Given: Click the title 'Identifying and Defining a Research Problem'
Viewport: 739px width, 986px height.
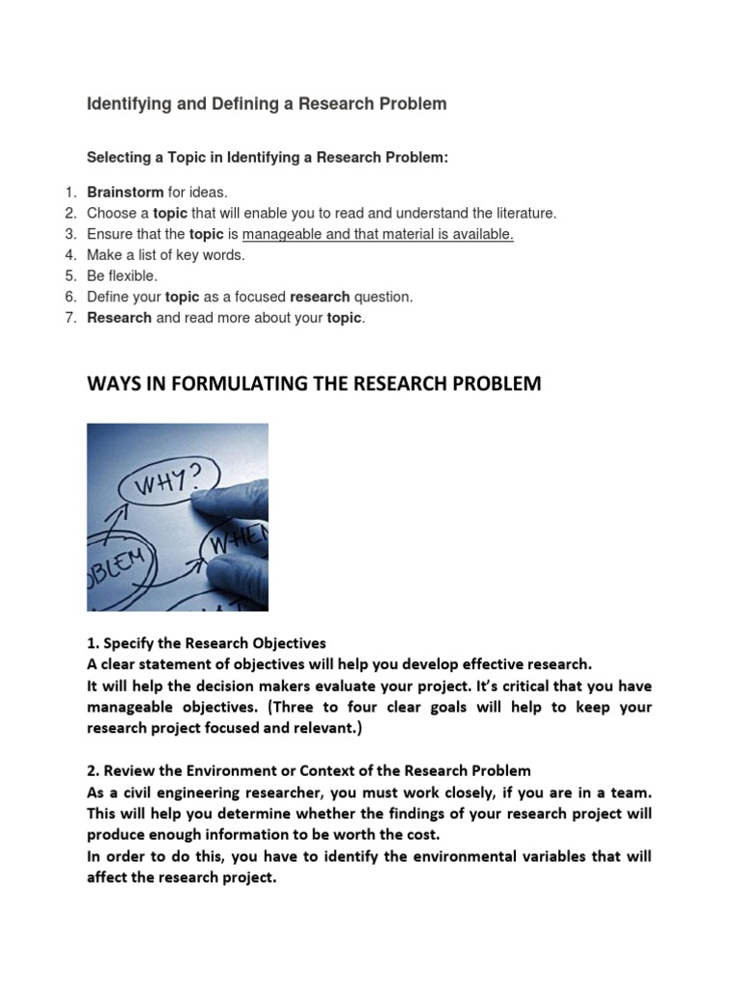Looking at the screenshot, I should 267,104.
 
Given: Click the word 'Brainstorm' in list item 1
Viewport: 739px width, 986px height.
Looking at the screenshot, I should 125,193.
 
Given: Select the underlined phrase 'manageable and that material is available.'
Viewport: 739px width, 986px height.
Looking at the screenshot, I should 378,234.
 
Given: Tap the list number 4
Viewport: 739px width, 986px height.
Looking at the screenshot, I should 70,255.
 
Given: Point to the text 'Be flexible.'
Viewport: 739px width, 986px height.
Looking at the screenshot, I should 122,276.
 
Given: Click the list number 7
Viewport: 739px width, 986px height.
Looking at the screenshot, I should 70,318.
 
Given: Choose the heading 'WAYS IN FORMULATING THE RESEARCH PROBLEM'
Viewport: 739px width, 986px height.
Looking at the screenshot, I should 314,384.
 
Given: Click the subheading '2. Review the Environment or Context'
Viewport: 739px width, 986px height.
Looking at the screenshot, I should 308,771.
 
